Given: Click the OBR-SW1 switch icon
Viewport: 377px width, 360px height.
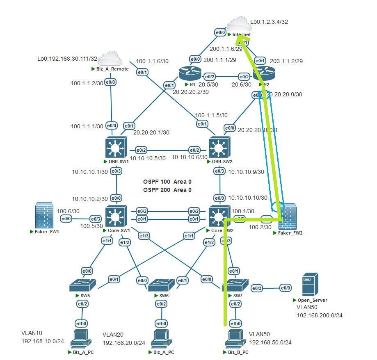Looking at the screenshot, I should tap(117, 147).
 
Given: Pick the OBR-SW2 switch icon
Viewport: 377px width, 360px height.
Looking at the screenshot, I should tap(220, 147).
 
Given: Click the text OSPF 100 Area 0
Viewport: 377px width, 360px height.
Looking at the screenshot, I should tap(167, 182).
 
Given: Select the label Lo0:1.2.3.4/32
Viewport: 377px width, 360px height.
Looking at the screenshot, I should tap(270, 21).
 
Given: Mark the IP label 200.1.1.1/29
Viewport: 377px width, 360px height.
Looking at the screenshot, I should tap(220, 60).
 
